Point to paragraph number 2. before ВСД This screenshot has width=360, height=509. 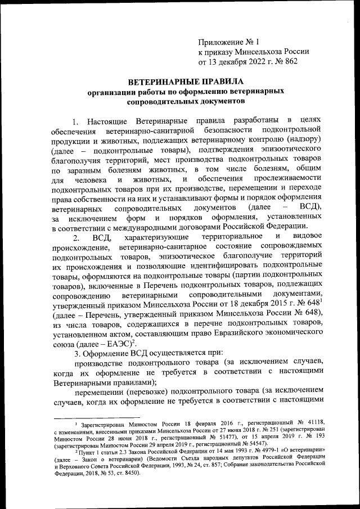coord(76,238)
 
